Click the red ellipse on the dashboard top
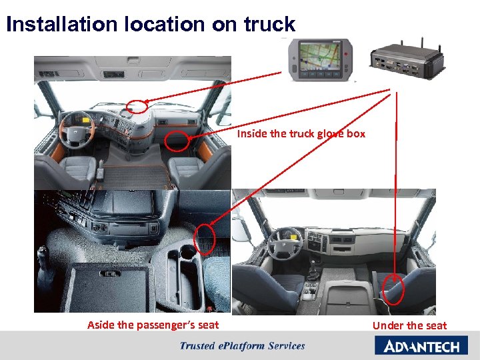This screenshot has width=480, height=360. point(137,106)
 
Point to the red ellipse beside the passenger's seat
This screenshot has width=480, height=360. point(205,239)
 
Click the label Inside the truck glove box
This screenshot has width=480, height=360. point(301,133)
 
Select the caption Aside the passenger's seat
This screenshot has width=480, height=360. point(153,325)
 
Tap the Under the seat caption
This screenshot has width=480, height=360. point(409,325)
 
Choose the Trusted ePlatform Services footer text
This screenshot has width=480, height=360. point(242,345)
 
